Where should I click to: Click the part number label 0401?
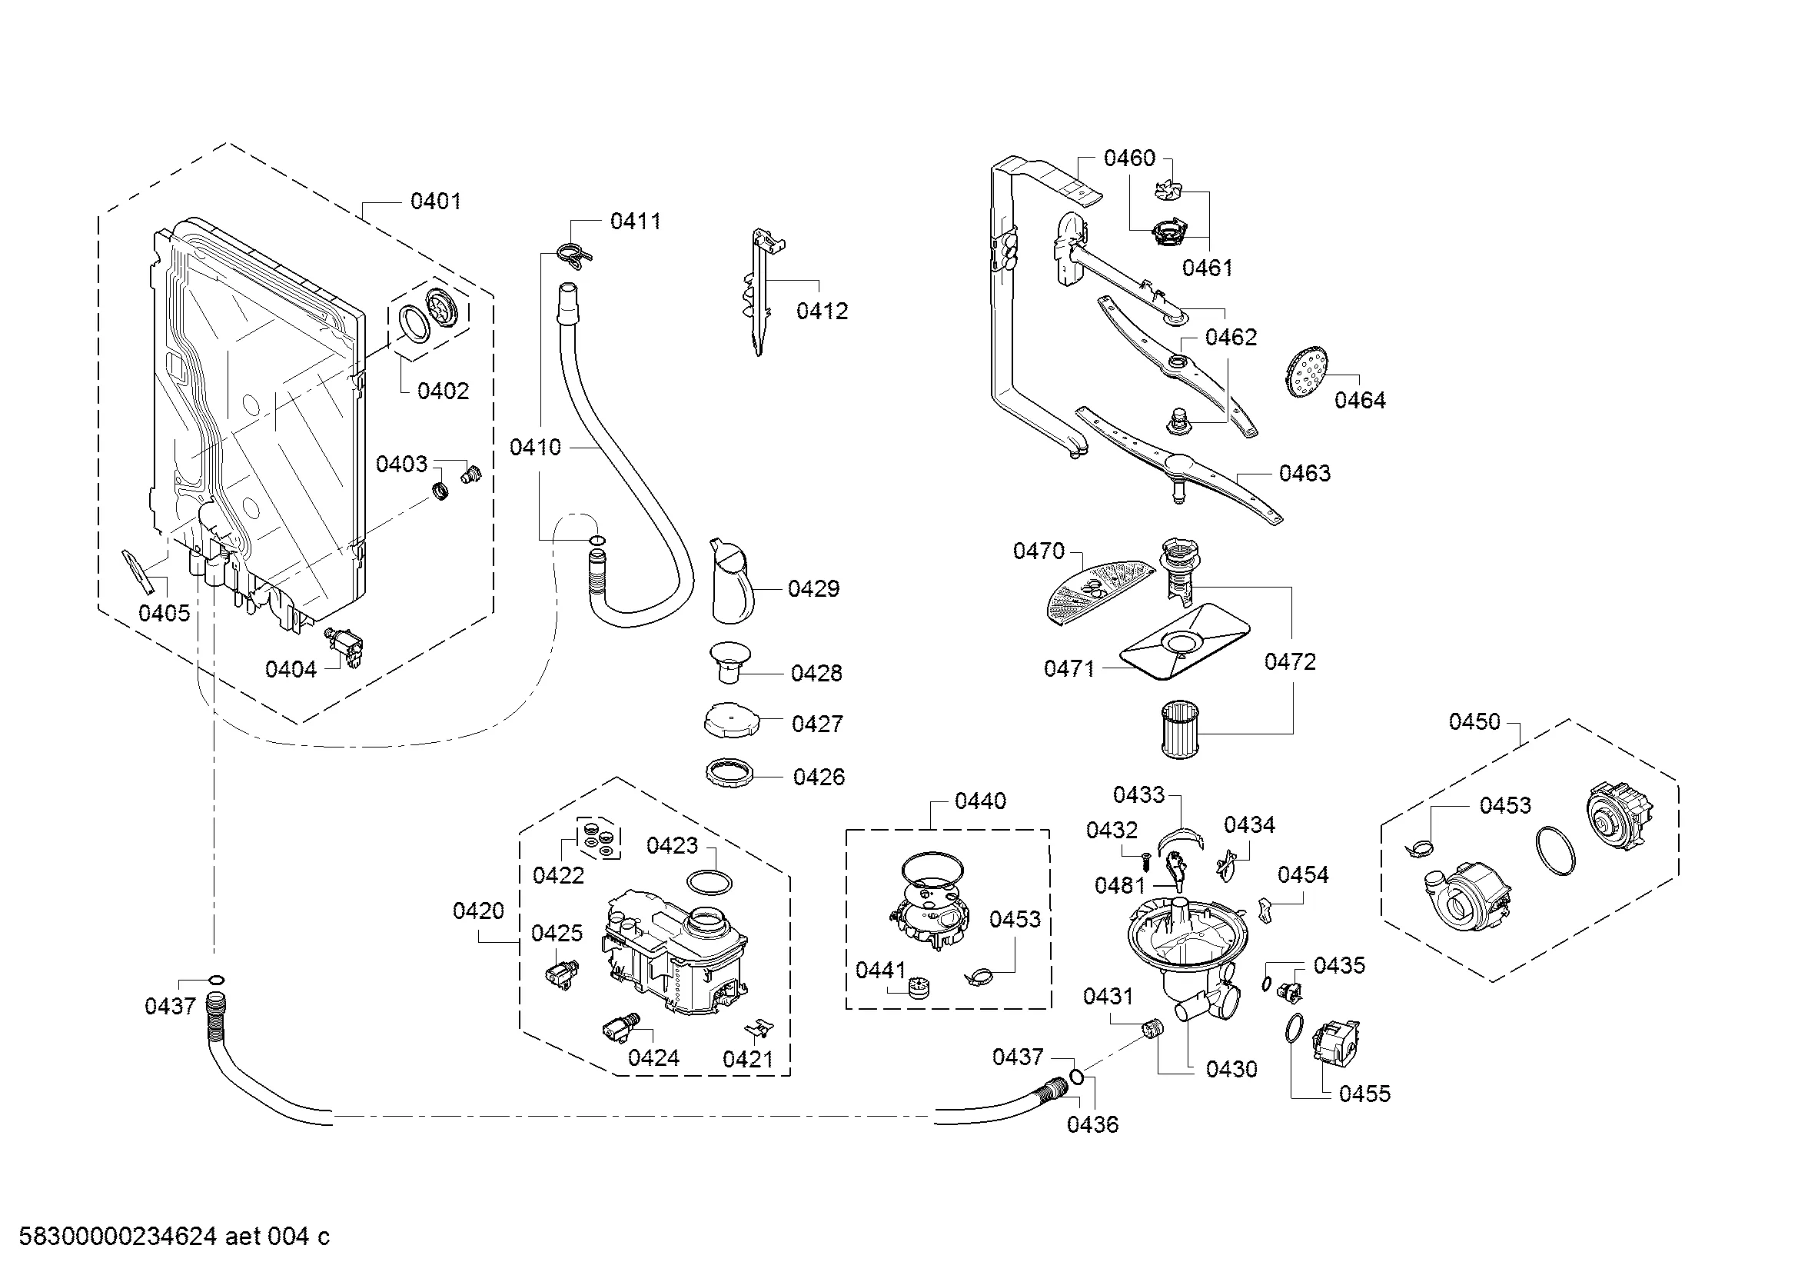(x=435, y=201)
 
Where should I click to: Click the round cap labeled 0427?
(x=730, y=719)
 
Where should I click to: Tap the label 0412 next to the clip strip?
(x=823, y=311)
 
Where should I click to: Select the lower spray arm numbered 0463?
(x=1178, y=467)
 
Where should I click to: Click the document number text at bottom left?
(x=174, y=1237)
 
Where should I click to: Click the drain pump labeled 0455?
(x=1338, y=1043)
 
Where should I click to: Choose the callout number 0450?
(x=1474, y=721)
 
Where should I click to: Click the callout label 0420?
(x=478, y=911)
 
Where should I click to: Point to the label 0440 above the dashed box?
(x=980, y=801)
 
